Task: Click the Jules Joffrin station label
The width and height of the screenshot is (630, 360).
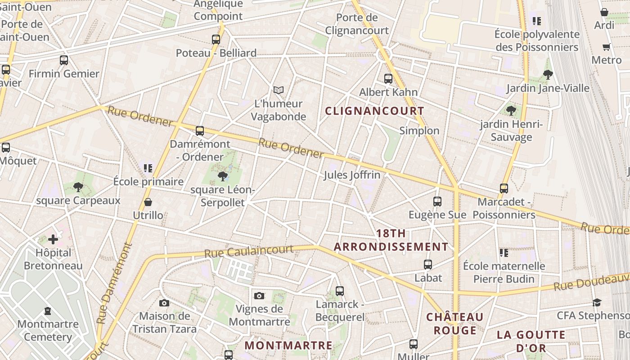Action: coord(352,175)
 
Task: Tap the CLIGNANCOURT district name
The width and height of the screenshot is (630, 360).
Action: coord(374,111)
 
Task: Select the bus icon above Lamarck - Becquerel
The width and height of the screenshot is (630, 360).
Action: coord(340,291)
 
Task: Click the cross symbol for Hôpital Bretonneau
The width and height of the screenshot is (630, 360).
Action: coord(53,239)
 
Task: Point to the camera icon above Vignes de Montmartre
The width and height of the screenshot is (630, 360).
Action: coord(259,296)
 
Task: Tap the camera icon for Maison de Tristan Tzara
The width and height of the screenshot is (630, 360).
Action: coord(164,303)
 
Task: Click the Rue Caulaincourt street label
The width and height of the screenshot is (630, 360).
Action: coord(248,251)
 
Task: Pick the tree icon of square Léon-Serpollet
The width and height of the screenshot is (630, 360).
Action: coord(222,176)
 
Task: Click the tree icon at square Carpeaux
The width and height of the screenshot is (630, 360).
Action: coord(78,187)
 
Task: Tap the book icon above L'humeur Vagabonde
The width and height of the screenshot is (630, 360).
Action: coord(279,90)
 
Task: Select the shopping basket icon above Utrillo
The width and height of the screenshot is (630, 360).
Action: coord(148,202)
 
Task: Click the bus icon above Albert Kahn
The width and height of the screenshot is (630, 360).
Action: coord(388,79)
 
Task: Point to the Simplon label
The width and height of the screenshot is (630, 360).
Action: coord(419,130)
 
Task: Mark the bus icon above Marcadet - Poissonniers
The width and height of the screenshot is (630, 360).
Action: coord(504,189)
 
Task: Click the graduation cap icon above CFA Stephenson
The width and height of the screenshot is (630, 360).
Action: coord(597,302)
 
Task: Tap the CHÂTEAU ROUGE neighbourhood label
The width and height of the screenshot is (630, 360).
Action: coord(455,324)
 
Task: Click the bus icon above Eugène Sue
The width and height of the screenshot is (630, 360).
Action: coord(437,202)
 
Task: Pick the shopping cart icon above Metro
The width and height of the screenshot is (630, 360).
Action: coord(607,47)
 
